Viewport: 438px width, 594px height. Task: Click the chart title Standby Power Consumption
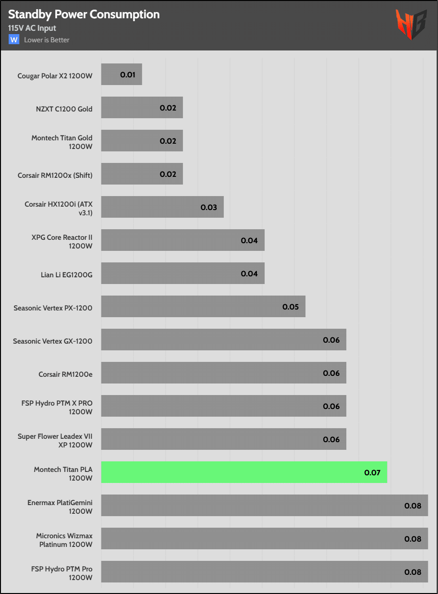pyautogui.click(x=84, y=15)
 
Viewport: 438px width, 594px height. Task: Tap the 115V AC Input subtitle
pyautogui.click(x=32, y=28)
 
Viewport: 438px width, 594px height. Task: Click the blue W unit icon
pyautogui.click(x=14, y=39)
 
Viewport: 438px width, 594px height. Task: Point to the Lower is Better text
pyautogui.click(x=47, y=40)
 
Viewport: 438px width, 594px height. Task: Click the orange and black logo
pyautogui.click(x=411, y=25)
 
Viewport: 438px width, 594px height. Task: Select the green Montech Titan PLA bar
pyautogui.click(x=244, y=472)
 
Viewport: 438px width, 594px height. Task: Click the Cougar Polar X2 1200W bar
pyautogui.click(x=122, y=74)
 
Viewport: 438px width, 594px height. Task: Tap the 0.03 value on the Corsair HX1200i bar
pyautogui.click(x=208, y=207)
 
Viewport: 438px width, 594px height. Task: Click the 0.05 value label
pyautogui.click(x=291, y=307)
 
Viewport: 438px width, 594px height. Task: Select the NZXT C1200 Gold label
pyautogui.click(x=64, y=109)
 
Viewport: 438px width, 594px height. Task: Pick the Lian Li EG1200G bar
pyautogui.click(x=183, y=273)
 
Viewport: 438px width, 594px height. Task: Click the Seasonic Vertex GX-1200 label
pyautogui.click(x=53, y=341)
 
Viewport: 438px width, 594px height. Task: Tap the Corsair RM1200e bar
pyautogui.click(x=223, y=373)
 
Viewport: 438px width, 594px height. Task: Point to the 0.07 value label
pyautogui.click(x=372, y=473)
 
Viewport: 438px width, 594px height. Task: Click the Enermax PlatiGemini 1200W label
pyautogui.click(x=60, y=507)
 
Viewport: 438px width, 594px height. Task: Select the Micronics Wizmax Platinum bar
pyautogui.click(x=265, y=539)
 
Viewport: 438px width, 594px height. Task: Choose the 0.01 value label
pyautogui.click(x=127, y=74)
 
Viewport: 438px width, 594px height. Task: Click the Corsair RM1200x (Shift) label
pyautogui.click(x=55, y=175)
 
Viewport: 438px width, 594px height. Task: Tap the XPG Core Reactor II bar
pyautogui.click(x=183, y=240)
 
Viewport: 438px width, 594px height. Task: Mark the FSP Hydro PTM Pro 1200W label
pyautogui.click(x=62, y=573)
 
